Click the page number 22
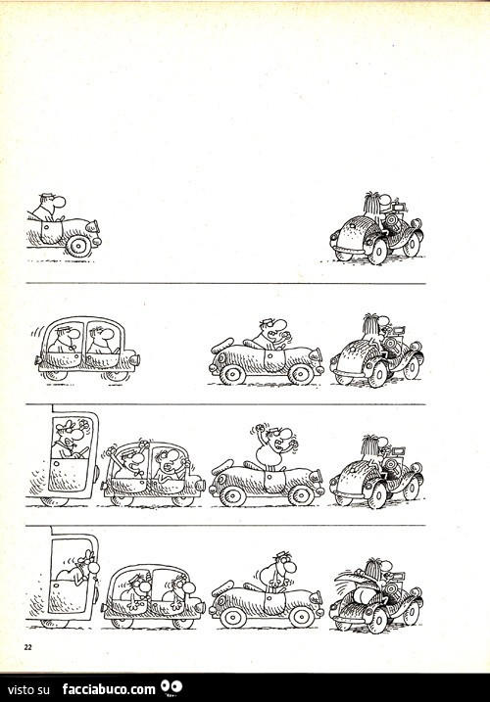[27, 646]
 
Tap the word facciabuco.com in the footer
[109, 688]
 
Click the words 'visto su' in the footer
[29, 689]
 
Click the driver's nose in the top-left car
[61, 202]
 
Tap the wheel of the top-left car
[78, 246]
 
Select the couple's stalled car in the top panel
[376, 228]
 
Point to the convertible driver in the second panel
[271, 335]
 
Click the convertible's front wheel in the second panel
[301, 373]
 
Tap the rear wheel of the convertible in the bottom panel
[233, 618]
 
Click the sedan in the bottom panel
[153, 596]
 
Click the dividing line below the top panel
[225, 283]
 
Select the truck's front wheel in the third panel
[55, 501]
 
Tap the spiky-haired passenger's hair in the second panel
[369, 323]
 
